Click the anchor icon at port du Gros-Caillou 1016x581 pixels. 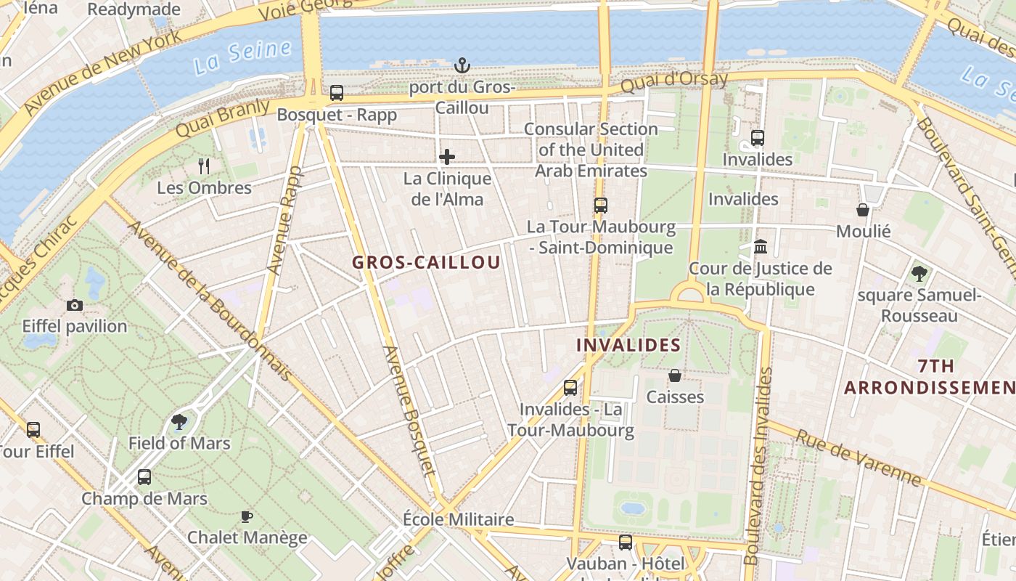(462, 66)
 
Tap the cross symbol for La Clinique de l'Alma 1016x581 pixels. (447, 157)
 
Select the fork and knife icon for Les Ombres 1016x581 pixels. (204, 166)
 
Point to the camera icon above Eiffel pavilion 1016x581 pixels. (74, 305)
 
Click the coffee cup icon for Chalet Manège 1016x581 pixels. (247, 516)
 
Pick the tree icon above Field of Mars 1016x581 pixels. (179, 421)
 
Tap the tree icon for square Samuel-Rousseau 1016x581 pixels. (919, 274)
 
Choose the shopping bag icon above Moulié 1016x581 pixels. (863, 210)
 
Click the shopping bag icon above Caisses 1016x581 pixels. (675, 375)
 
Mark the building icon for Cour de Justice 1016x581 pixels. (761, 247)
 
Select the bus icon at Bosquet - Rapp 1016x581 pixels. (337, 93)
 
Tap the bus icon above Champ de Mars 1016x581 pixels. (144, 477)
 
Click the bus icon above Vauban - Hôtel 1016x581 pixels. (625, 542)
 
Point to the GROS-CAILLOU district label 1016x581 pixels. (427, 262)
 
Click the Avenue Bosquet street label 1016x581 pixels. (411, 410)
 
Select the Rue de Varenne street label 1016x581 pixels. (860, 458)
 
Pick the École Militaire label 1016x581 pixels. (459, 519)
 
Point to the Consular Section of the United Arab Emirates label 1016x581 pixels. (591, 150)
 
